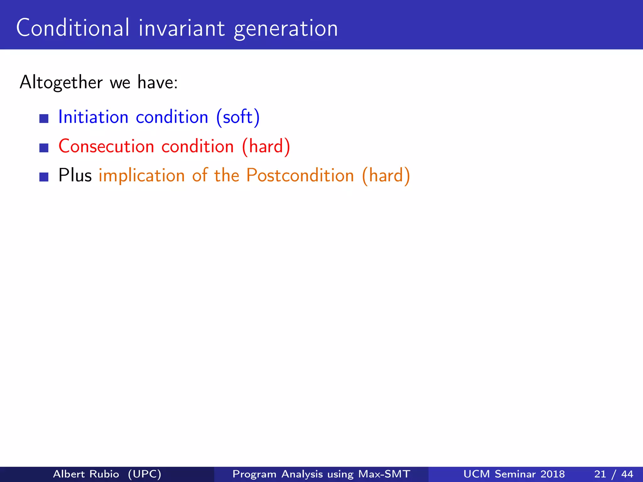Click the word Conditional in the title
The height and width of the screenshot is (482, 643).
click(73, 28)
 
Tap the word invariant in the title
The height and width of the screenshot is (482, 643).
click(181, 28)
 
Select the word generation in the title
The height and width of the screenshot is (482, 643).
click(286, 29)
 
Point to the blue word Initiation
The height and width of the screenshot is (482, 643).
click(93, 117)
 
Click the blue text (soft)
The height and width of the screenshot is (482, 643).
click(238, 117)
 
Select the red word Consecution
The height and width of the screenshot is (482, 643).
click(106, 146)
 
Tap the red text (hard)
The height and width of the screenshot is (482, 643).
click(266, 146)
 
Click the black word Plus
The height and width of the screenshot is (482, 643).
click(75, 175)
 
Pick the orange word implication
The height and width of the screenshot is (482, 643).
click(142, 176)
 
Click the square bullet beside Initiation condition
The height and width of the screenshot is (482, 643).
click(44, 119)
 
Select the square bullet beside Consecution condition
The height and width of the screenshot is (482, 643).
click(44, 148)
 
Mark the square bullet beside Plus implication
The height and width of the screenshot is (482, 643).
click(44, 177)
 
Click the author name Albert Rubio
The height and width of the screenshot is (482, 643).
click(86, 474)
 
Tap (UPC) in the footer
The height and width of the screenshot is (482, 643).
click(144, 474)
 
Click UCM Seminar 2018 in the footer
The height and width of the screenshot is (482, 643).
click(514, 474)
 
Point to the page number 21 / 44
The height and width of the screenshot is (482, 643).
click(613, 474)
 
